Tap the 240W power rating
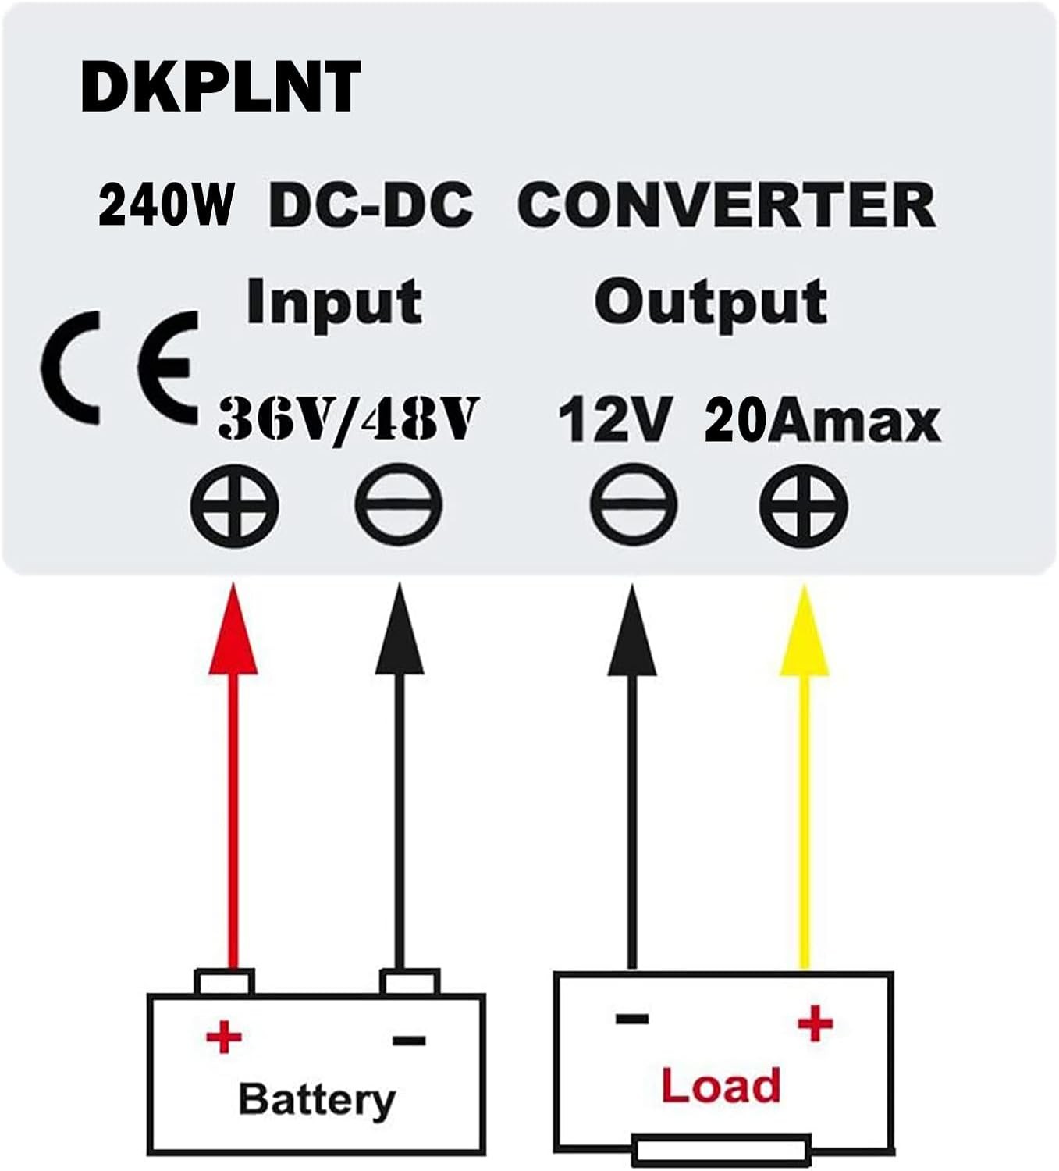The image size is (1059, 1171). point(166,205)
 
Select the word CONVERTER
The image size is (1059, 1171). point(726,205)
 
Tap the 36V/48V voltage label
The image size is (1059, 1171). point(346,421)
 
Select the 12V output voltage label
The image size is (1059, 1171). point(614,421)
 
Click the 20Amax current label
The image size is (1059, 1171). point(822,421)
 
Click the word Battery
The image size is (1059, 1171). point(316,1099)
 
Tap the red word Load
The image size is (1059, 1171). point(720,1086)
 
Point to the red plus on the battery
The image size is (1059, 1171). point(224,1038)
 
